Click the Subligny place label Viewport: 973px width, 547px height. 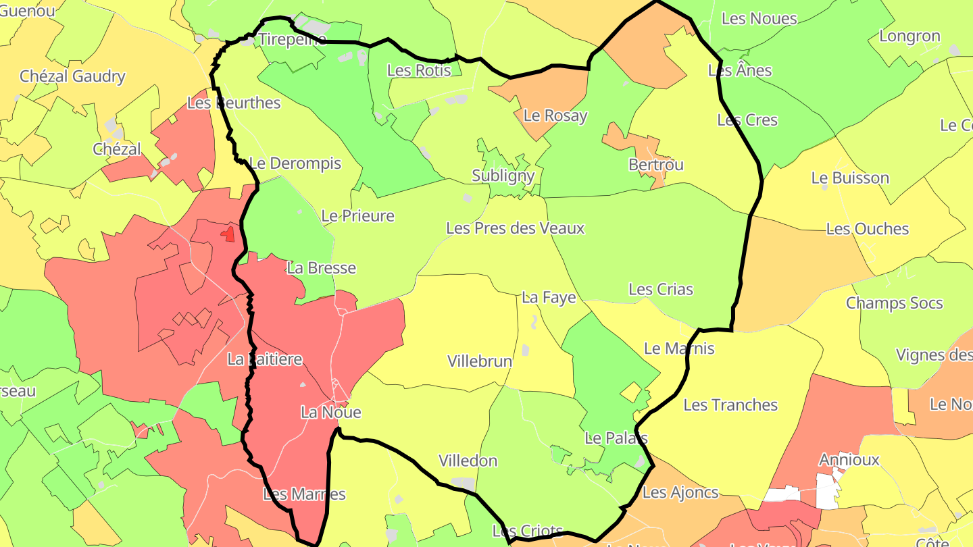click(503, 176)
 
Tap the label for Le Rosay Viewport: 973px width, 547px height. click(555, 115)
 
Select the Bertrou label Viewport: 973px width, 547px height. click(655, 165)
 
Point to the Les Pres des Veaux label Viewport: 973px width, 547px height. click(515, 228)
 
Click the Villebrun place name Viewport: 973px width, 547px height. click(480, 361)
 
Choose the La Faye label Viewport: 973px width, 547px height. click(549, 298)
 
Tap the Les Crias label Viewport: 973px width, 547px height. click(660, 290)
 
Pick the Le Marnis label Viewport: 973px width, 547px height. click(678, 348)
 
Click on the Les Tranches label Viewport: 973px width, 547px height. click(730, 405)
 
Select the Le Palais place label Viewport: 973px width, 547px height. click(616, 438)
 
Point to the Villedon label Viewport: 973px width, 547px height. click(468, 461)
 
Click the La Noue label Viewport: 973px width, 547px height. click(330, 412)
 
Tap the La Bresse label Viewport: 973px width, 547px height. click(321, 267)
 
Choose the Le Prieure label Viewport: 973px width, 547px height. click(357, 216)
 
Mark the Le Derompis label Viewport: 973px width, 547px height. click(295, 163)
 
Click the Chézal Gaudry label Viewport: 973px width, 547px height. click(72, 76)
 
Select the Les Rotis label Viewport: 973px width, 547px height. click(418, 70)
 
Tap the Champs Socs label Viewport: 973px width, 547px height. click(894, 303)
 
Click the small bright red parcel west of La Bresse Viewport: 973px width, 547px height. click(228, 234)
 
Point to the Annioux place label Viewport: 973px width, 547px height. click(849, 460)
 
